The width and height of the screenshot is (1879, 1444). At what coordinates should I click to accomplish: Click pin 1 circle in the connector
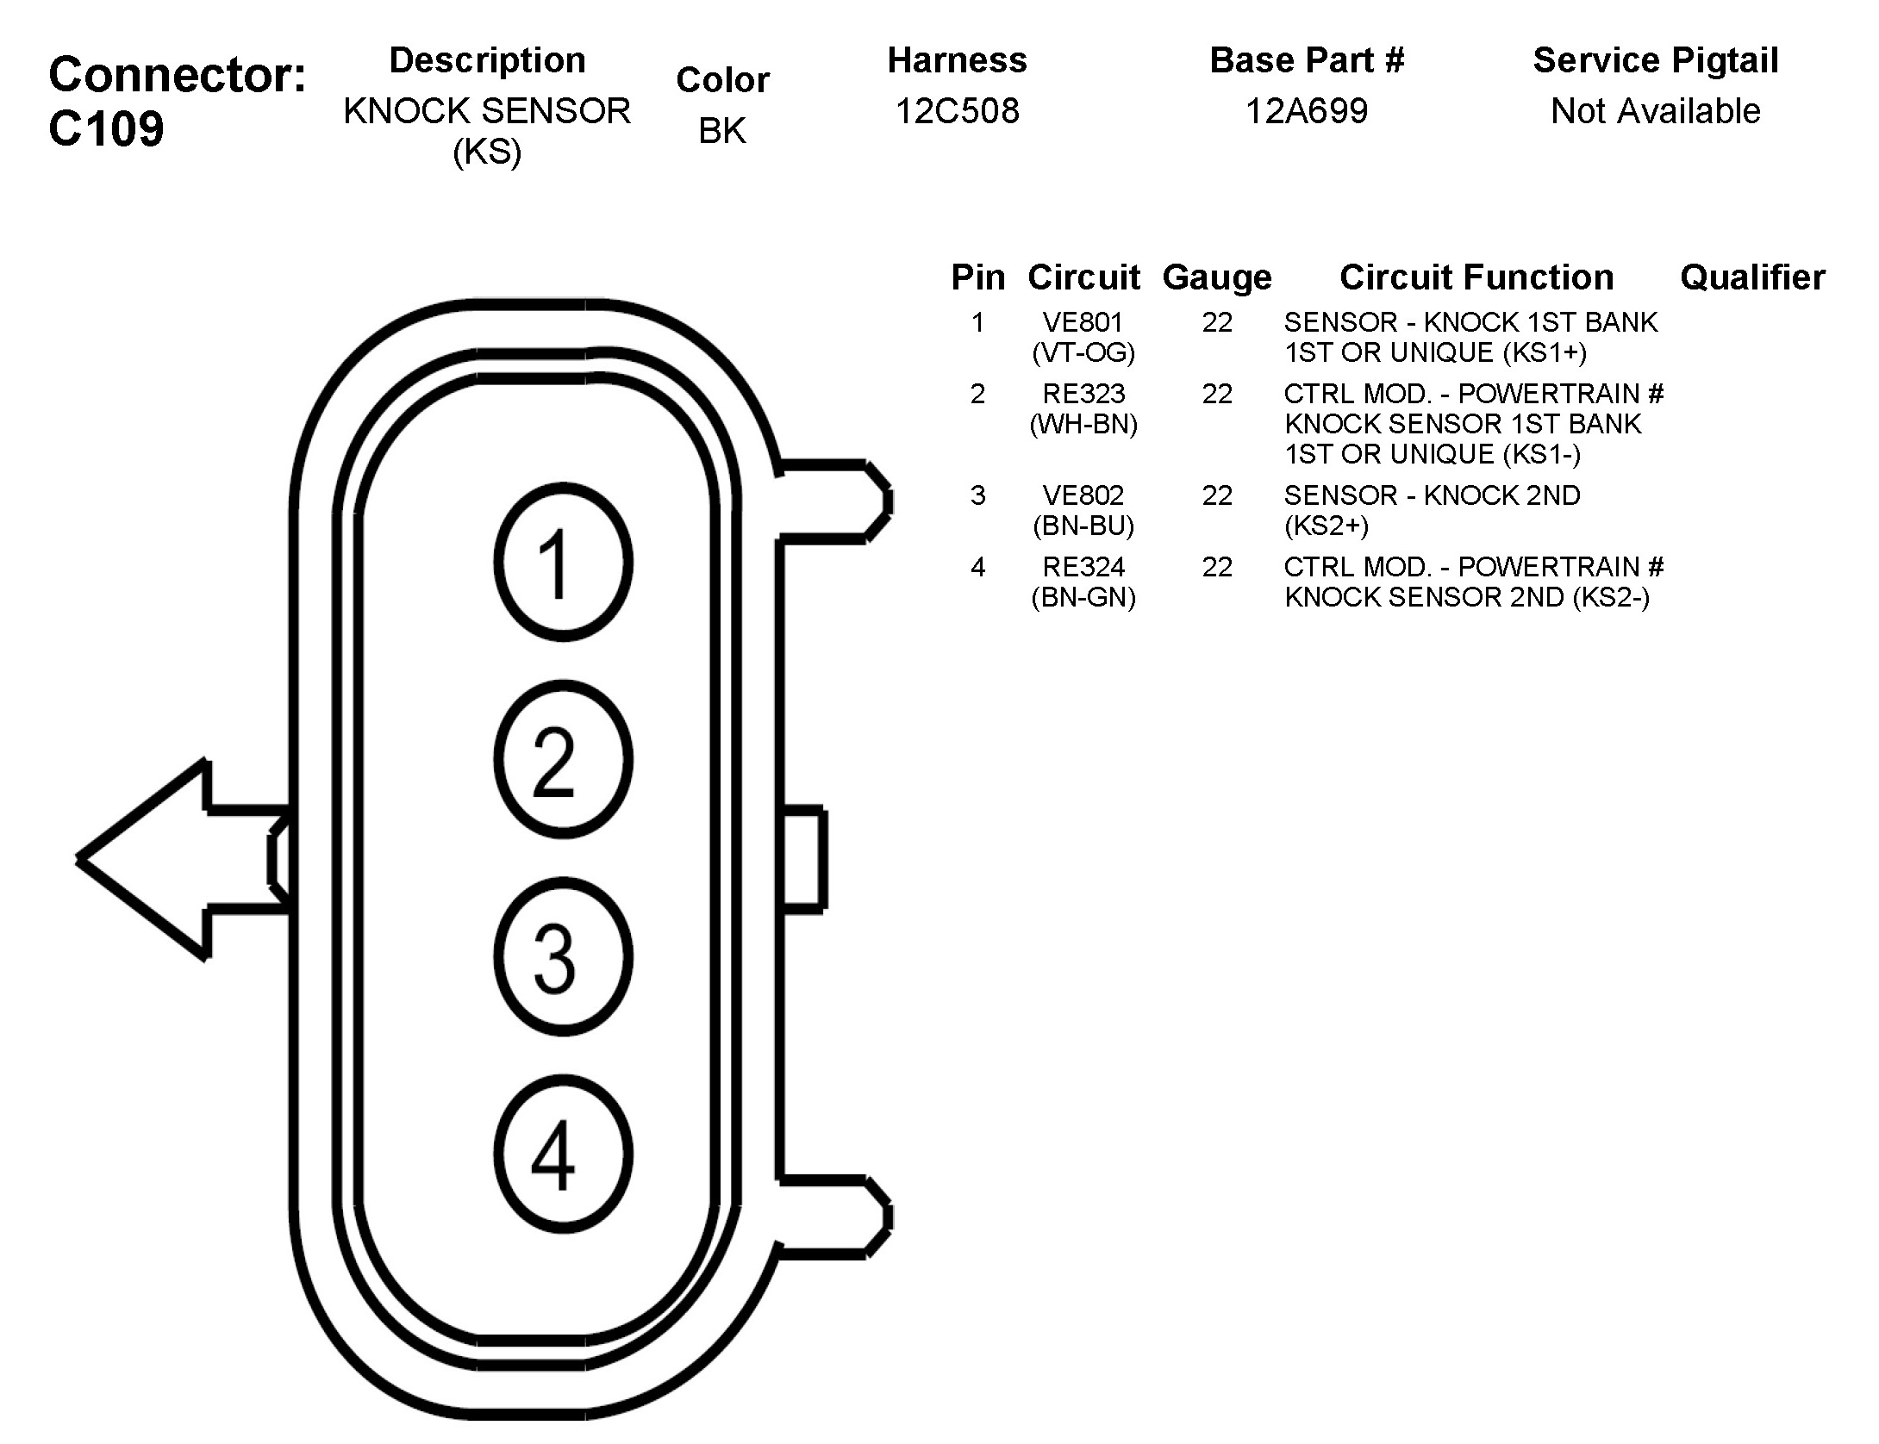click(x=563, y=563)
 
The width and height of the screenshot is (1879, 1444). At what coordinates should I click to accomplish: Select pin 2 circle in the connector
click(x=563, y=760)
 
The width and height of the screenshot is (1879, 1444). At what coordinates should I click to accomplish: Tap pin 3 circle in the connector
click(x=563, y=956)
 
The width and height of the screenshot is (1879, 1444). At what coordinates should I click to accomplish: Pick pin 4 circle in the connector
click(x=563, y=1155)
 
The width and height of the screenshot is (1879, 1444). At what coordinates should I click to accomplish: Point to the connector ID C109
click(x=106, y=129)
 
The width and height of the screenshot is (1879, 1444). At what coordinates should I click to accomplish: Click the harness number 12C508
click(x=957, y=111)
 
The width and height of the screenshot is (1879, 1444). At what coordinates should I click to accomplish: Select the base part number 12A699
click(x=1307, y=111)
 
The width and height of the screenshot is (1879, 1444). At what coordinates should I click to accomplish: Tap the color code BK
click(x=722, y=131)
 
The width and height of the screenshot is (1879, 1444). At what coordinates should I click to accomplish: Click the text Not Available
click(x=1655, y=111)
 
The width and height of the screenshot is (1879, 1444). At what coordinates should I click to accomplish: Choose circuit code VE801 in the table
click(x=1083, y=322)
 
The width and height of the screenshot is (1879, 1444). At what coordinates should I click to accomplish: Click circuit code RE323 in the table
click(x=1083, y=394)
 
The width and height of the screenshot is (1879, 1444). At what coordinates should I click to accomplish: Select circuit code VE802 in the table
click(x=1083, y=495)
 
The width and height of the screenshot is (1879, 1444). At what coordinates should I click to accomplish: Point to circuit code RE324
click(x=1083, y=567)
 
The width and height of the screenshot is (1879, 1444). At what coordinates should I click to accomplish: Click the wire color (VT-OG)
click(x=1083, y=352)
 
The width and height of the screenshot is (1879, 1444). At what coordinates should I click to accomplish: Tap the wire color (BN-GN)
click(x=1083, y=597)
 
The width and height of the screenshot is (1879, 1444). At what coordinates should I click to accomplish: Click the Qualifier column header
click(x=1752, y=277)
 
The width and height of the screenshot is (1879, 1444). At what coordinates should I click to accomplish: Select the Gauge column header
click(x=1217, y=277)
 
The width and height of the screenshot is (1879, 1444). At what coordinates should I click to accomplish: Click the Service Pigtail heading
click(x=1655, y=60)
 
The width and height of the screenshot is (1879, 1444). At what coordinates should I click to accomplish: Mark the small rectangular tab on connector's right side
click(x=804, y=859)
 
